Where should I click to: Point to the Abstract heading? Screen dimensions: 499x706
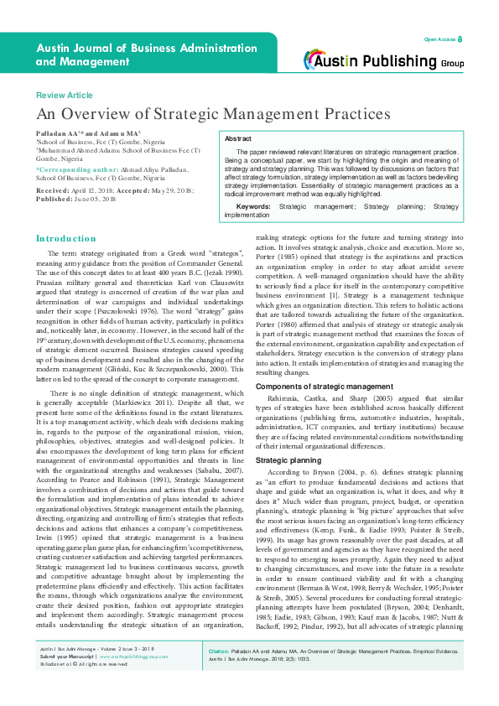click(239, 138)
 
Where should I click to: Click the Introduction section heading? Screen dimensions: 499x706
click(66, 239)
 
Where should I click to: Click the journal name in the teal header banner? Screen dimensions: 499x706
click(134, 55)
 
